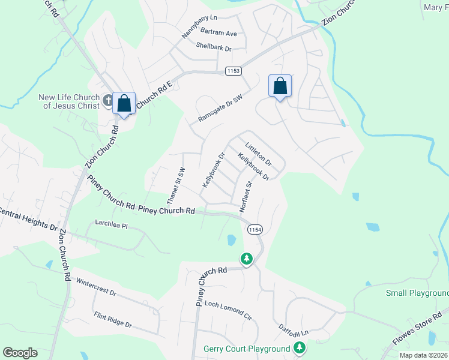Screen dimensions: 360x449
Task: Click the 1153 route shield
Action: click(x=234, y=71)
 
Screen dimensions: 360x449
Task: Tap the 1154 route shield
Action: click(x=255, y=230)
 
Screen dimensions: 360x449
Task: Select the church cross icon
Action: click(x=108, y=101)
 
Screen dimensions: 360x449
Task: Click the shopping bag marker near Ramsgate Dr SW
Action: click(x=280, y=86)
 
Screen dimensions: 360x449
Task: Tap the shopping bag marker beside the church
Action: click(x=124, y=104)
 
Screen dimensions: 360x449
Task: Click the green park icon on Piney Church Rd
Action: click(x=246, y=259)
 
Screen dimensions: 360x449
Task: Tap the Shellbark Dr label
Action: click(x=209, y=48)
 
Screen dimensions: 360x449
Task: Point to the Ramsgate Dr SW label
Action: click(x=220, y=109)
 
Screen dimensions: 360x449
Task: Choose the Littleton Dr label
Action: click(x=259, y=154)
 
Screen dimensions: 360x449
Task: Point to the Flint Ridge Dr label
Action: click(x=112, y=319)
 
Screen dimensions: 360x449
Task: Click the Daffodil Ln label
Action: click(x=293, y=329)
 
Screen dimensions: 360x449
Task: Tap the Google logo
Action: click(x=20, y=353)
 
